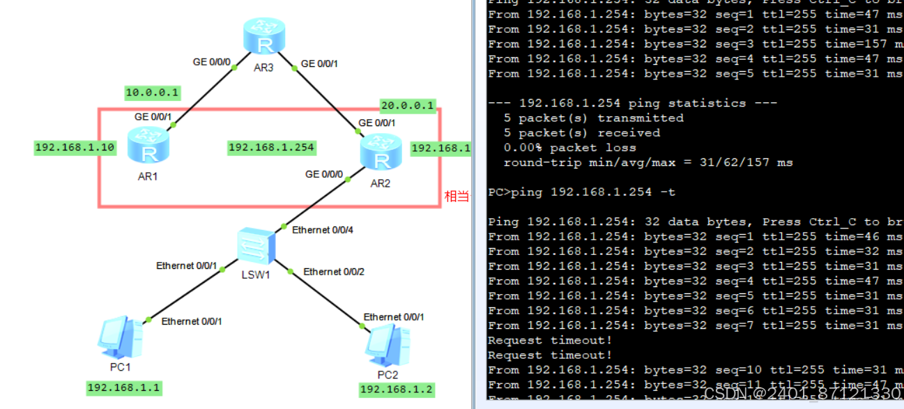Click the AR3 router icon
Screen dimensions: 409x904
point(264,37)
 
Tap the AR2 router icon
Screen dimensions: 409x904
point(381,153)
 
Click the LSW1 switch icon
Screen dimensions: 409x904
point(256,245)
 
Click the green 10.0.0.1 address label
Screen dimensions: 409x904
point(153,92)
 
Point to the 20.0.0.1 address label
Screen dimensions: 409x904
point(408,106)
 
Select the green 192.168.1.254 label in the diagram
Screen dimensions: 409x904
point(272,148)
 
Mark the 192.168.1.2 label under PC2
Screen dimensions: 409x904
point(397,389)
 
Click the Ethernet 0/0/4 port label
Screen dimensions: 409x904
point(323,230)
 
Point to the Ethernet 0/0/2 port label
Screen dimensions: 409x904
point(334,272)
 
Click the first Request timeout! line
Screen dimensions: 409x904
point(550,340)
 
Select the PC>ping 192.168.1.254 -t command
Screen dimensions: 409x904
point(581,192)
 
